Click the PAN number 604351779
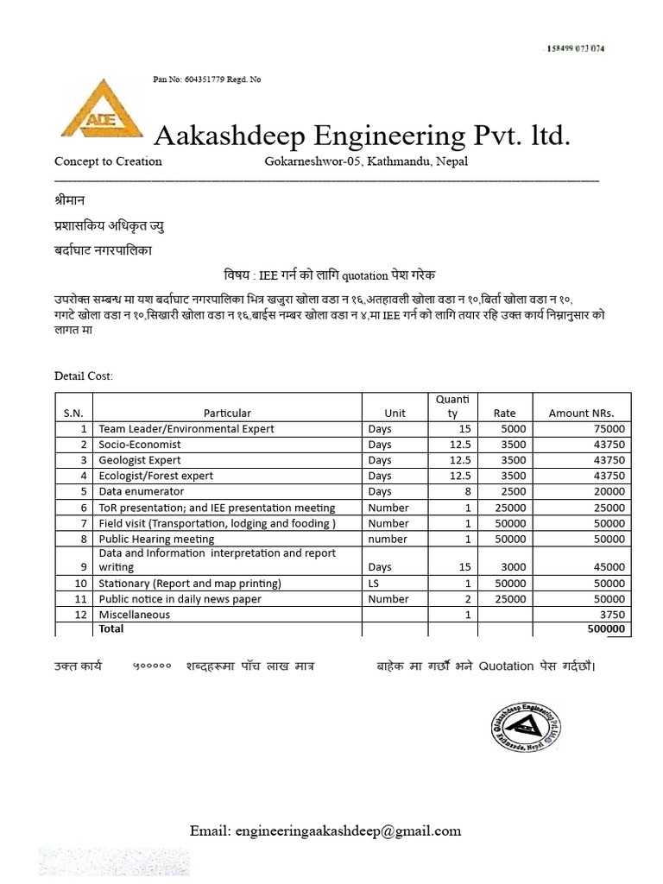coord(204,79)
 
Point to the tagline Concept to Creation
coord(108,161)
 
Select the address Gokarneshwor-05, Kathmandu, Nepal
coord(366,161)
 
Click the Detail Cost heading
coord(84,376)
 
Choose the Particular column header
coord(227,413)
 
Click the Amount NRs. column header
coord(582,413)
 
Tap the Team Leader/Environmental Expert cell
coord(186,428)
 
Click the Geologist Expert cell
coord(140,460)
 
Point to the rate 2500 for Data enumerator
coord(504,491)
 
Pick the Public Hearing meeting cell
coord(156,539)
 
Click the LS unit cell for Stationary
coord(374,583)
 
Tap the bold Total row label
coord(111,629)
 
